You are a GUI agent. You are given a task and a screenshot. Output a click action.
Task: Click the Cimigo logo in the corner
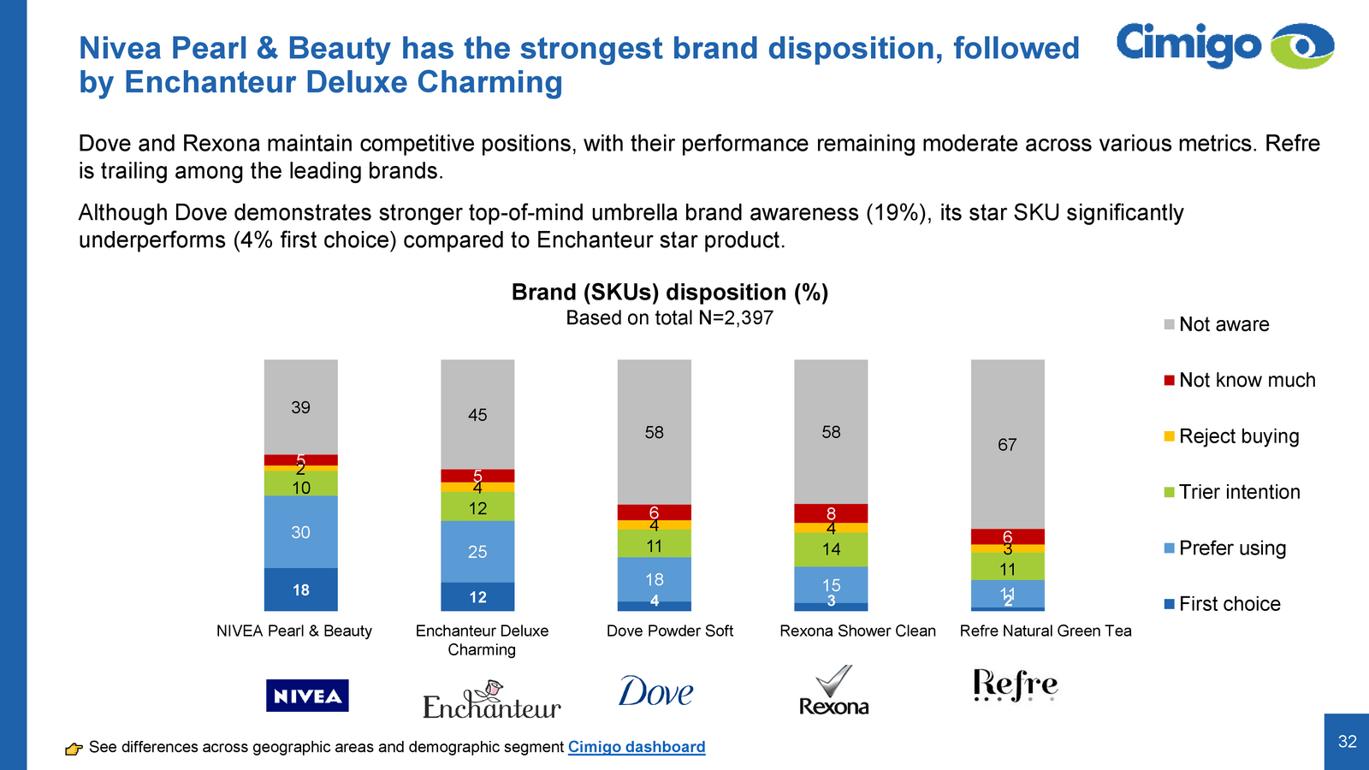[x=1224, y=45]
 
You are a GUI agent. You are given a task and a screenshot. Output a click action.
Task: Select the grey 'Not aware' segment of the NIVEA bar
[x=300, y=407]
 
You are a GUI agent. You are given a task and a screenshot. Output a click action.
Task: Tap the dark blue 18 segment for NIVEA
[x=300, y=589]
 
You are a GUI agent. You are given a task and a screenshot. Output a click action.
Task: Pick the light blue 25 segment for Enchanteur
[x=477, y=552]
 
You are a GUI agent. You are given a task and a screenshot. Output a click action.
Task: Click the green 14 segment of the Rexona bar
[x=831, y=549]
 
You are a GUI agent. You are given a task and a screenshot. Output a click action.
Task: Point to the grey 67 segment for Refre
[x=1007, y=444]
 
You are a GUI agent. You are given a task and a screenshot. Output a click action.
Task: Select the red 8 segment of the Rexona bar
[x=831, y=513]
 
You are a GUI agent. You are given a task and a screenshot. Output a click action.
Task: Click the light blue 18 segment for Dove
[x=655, y=579]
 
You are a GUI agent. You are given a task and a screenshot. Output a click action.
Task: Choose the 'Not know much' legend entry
[x=1239, y=380]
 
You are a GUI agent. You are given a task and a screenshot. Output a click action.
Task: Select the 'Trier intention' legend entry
[x=1231, y=492]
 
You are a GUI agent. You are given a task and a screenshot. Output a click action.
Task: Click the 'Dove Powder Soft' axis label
[x=670, y=631]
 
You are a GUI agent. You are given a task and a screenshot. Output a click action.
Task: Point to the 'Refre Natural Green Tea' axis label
[x=1045, y=631]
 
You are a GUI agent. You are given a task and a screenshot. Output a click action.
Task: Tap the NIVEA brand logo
[x=307, y=696]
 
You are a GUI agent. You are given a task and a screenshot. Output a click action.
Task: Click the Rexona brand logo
[x=833, y=690]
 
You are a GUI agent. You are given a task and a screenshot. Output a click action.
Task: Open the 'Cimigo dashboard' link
[x=637, y=747]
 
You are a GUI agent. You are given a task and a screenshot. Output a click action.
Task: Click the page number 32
[x=1347, y=742]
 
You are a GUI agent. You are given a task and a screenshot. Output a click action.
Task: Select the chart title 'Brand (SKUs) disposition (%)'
[x=669, y=293]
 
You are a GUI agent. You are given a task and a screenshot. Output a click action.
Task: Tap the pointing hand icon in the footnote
[x=74, y=749]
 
